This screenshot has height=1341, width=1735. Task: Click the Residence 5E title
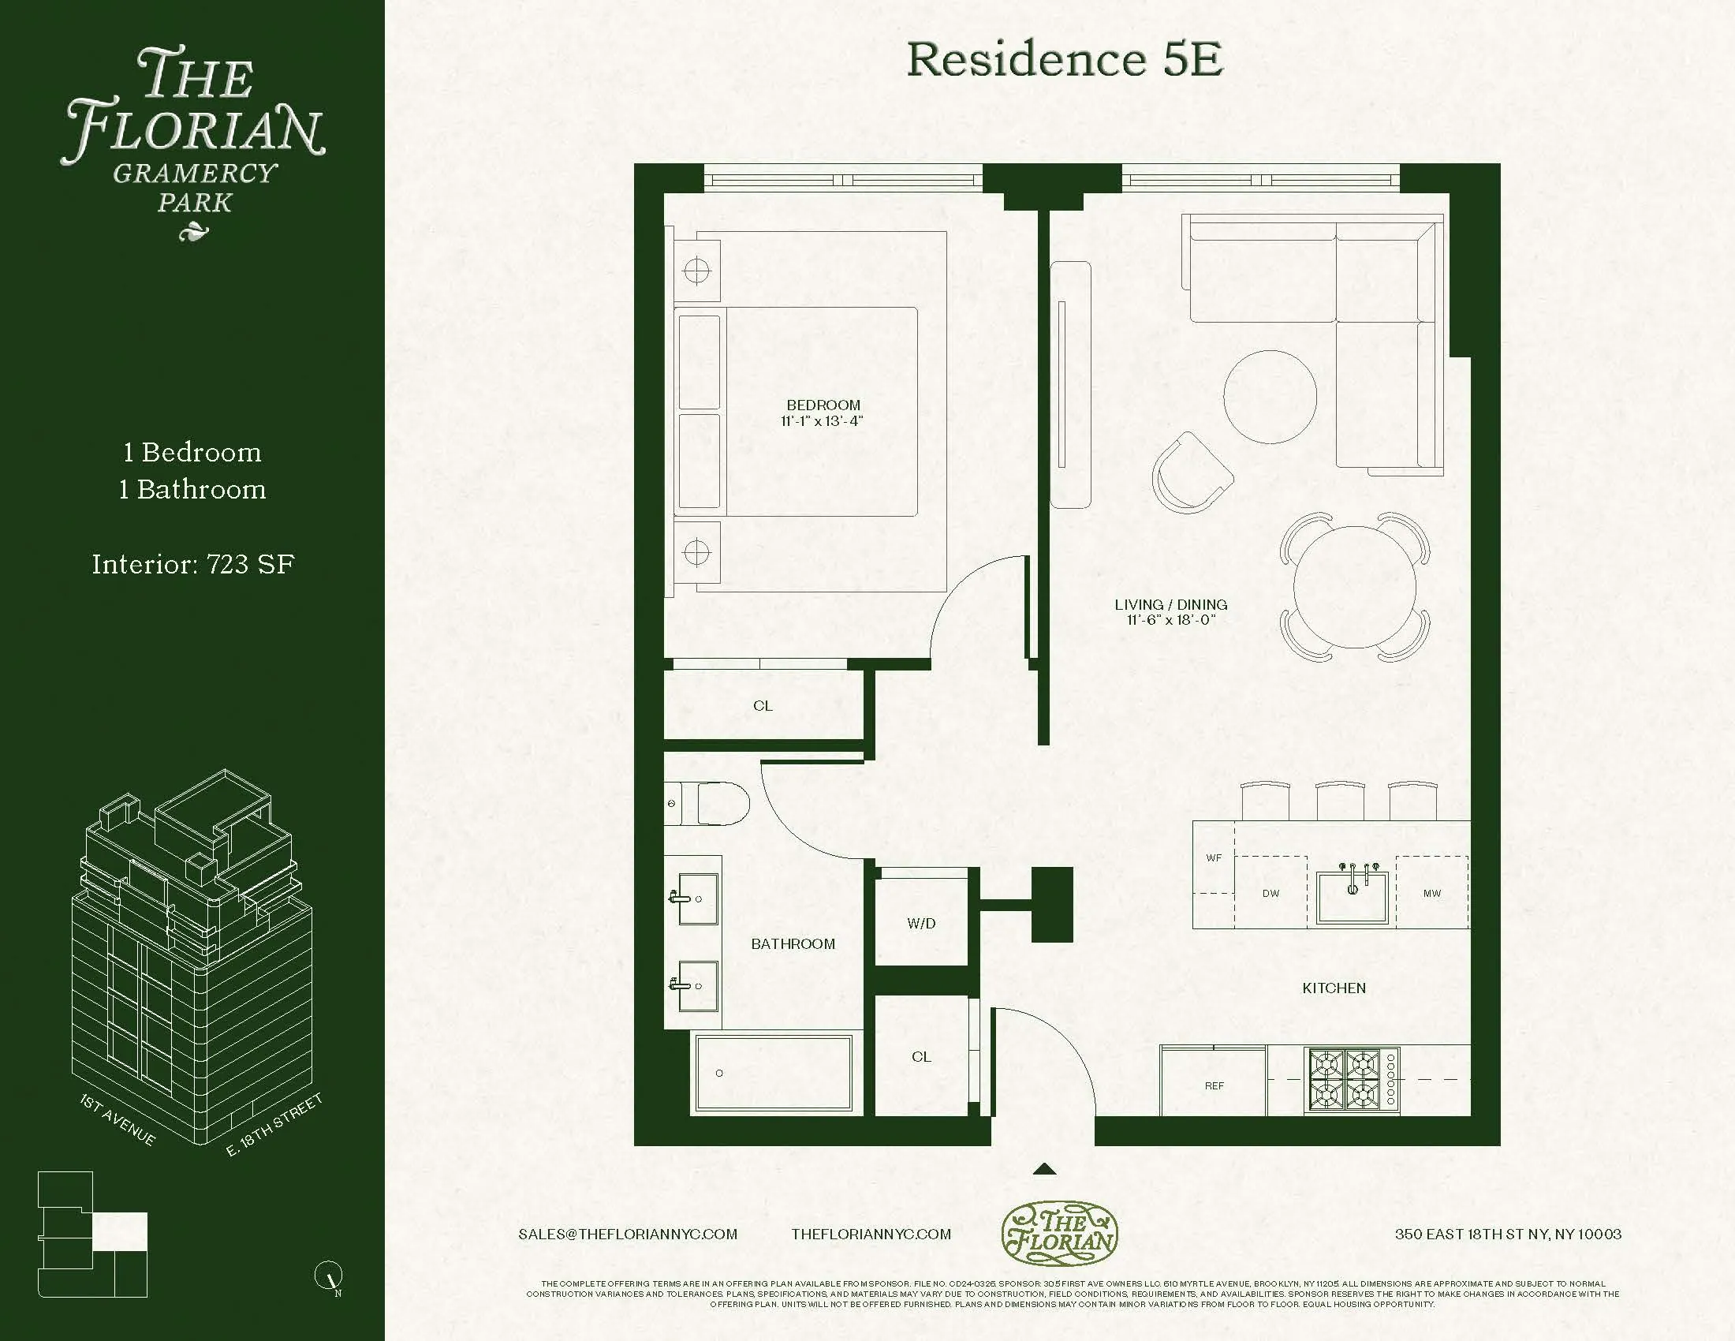pyautogui.click(x=1065, y=60)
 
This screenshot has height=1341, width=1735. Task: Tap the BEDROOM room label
pyautogui.click(x=823, y=405)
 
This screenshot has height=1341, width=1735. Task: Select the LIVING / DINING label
pyautogui.click(x=1171, y=604)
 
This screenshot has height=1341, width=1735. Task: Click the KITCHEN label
pyautogui.click(x=1334, y=988)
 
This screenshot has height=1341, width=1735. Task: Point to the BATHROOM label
pyautogui.click(x=793, y=943)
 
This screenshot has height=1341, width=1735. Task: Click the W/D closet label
pyautogui.click(x=921, y=923)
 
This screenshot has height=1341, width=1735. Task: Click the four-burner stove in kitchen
pyautogui.click(x=1352, y=1081)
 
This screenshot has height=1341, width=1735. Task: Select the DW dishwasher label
pyautogui.click(x=1271, y=893)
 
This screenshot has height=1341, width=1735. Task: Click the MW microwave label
pyautogui.click(x=1431, y=893)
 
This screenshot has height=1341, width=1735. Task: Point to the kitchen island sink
pyautogui.click(x=1352, y=896)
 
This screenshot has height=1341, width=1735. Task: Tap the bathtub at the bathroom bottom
pyautogui.click(x=773, y=1073)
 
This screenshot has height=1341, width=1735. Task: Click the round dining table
pyautogui.click(x=1354, y=586)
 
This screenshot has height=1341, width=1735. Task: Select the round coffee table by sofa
pyautogui.click(x=1270, y=398)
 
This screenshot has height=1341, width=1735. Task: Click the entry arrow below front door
pyautogui.click(x=1044, y=1168)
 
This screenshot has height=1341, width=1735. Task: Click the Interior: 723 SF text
pyautogui.click(x=193, y=565)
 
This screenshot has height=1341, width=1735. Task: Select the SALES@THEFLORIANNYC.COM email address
pyautogui.click(x=628, y=1234)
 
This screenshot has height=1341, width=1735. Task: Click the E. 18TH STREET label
pyautogui.click(x=274, y=1124)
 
